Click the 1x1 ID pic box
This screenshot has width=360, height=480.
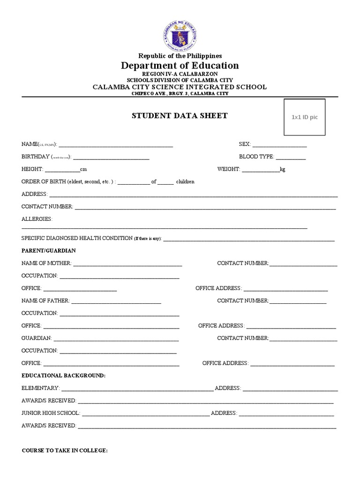(304, 117)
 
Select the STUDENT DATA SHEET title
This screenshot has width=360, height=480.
(180, 116)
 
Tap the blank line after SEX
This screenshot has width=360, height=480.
(280, 145)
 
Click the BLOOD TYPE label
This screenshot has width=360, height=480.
(256, 157)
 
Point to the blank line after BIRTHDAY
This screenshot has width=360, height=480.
(111, 157)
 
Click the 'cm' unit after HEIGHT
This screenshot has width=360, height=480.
(83, 169)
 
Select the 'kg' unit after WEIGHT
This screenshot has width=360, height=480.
(282, 169)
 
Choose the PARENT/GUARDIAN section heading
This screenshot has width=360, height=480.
(49, 251)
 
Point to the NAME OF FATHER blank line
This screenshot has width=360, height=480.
(116, 301)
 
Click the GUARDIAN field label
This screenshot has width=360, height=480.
(36, 338)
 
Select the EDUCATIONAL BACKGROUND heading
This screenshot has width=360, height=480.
(64, 375)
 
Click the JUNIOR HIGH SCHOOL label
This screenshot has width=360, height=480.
(51, 413)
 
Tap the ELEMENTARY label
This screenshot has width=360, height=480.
(40, 388)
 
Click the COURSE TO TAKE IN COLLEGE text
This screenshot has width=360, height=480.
(65, 450)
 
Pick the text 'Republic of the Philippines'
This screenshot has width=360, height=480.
(180, 56)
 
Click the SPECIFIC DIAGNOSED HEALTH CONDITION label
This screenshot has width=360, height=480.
(77, 238)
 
